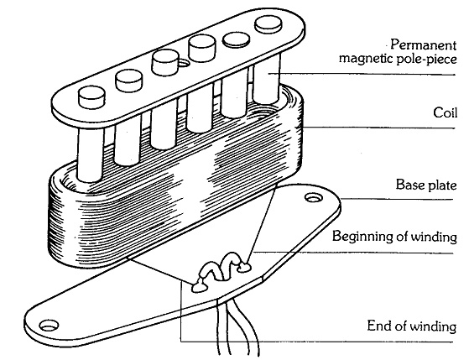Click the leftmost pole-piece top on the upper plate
pyautogui.click(x=89, y=99)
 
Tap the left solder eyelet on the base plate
pyautogui.click(x=201, y=284)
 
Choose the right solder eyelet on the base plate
pyautogui.click(x=244, y=268)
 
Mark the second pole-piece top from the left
pyautogui.click(x=128, y=80)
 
